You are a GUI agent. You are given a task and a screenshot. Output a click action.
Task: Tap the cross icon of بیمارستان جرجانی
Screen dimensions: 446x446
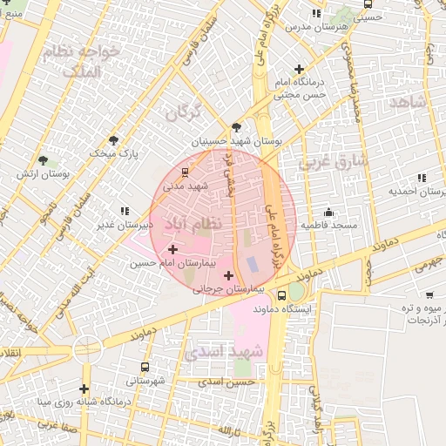[228, 276]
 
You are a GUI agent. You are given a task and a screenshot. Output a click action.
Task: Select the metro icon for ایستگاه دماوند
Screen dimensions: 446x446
[281, 296]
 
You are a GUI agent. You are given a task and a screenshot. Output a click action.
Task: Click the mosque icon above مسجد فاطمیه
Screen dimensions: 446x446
[328, 212]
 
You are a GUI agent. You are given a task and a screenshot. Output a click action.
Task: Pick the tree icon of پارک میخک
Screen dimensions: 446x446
[113, 140]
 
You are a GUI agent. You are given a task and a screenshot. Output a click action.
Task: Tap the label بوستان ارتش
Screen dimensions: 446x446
[38, 174]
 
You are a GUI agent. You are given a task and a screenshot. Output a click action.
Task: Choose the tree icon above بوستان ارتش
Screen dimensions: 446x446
[42, 160]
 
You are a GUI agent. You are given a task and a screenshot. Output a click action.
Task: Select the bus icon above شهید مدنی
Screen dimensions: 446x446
[184, 172]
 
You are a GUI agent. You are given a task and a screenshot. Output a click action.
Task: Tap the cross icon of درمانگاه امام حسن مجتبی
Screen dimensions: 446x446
[300, 69]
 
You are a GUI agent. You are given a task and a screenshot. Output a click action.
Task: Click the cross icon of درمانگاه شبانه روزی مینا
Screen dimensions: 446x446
[84, 389]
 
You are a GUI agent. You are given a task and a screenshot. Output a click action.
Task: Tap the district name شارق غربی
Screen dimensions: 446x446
[334, 162]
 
